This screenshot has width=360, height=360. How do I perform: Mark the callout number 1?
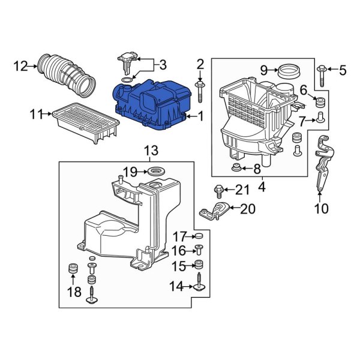(201, 116)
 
